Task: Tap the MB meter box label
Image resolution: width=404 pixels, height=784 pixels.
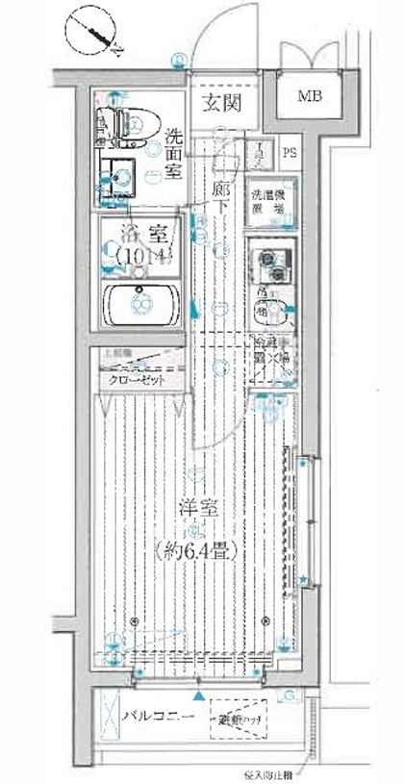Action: [x=310, y=96]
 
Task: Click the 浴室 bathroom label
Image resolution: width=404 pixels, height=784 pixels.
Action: [x=141, y=234]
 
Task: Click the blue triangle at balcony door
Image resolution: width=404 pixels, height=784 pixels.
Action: [x=198, y=695]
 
